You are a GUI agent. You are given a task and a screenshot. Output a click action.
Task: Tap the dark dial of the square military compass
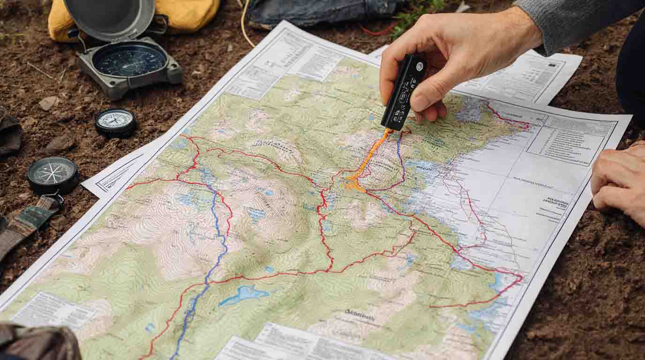click(129, 60)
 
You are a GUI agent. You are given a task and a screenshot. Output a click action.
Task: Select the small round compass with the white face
click(116, 122)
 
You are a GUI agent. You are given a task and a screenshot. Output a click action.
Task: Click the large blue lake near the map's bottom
click(244, 294)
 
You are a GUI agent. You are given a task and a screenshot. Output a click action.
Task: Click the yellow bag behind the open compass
click(187, 14)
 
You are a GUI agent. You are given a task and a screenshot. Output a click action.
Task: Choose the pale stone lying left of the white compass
click(48, 103)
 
